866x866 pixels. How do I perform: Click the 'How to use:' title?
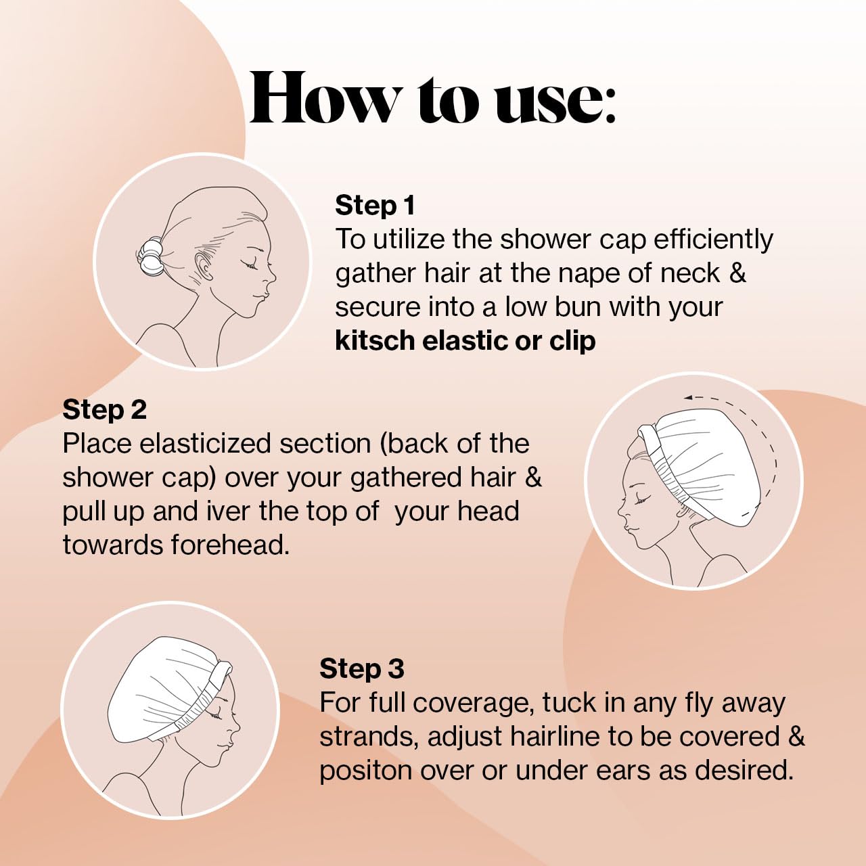point(433,99)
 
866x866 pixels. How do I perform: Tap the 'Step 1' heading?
point(375,205)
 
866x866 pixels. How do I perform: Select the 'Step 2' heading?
point(104,409)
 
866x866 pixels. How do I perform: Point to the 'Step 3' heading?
point(361,668)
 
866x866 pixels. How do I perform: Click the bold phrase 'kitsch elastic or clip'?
point(465,341)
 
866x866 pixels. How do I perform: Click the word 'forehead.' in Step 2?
point(230,545)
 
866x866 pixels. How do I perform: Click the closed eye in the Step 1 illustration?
point(252,266)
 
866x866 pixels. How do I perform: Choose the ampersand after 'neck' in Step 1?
point(737,273)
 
